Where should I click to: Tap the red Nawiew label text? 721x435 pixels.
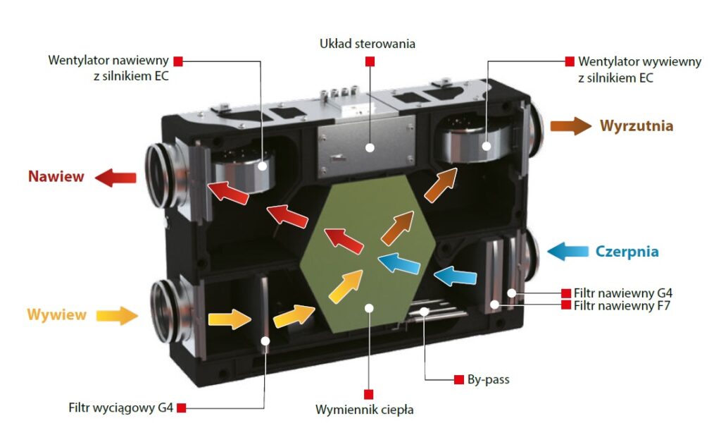(x=56, y=177)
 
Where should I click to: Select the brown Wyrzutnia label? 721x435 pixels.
(x=637, y=126)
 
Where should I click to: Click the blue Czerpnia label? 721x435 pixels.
(x=627, y=251)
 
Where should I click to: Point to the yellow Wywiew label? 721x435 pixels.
(x=56, y=314)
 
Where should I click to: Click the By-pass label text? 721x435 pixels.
(x=488, y=379)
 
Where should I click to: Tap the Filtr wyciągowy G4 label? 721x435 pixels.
(x=120, y=408)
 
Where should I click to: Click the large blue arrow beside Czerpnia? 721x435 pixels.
(x=567, y=251)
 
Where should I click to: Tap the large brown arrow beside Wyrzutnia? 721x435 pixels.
(x=570, y=126)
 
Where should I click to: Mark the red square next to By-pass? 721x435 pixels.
(x=459, y=379)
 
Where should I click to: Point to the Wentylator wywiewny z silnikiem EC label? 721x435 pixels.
(x=639, y=69)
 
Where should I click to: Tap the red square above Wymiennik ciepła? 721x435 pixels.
(x=368, y=393)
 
